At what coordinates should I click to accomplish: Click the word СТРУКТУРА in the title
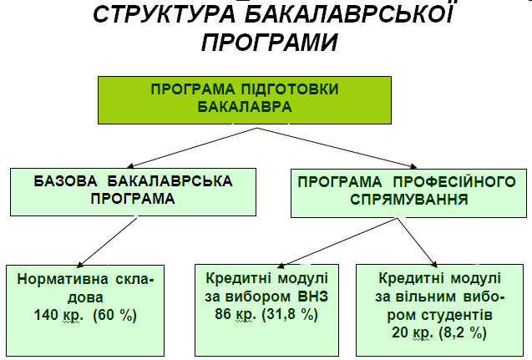pos(165,14)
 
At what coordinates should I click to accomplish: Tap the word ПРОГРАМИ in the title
pos(270,43)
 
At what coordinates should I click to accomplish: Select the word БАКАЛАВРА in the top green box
pos(245,107)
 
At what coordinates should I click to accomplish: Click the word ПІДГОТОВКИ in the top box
pos(290,89)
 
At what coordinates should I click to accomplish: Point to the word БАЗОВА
pos(65,181)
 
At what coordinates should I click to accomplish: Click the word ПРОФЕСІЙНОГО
pos(454,182)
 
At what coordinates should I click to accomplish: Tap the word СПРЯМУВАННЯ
pos(409,199)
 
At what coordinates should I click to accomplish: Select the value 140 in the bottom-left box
pos(46,315)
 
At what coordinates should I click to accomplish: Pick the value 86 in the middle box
pos(222,313)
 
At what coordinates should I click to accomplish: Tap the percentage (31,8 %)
pos(290,314)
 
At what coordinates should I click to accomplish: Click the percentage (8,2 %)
pos(463,332)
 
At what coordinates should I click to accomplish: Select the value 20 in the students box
pos(400,332)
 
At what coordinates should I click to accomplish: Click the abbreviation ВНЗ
pos(313,297)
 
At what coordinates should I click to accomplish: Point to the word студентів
pos(457,315)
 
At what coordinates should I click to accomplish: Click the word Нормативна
pos(63,279)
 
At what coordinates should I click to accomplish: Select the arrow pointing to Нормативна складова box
pos(107,242)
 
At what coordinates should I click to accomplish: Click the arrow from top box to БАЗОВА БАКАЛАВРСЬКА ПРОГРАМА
pos(192,148)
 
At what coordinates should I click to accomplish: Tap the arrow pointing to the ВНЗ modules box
pos(337,242)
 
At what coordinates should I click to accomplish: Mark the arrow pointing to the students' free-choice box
pos(417,242)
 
